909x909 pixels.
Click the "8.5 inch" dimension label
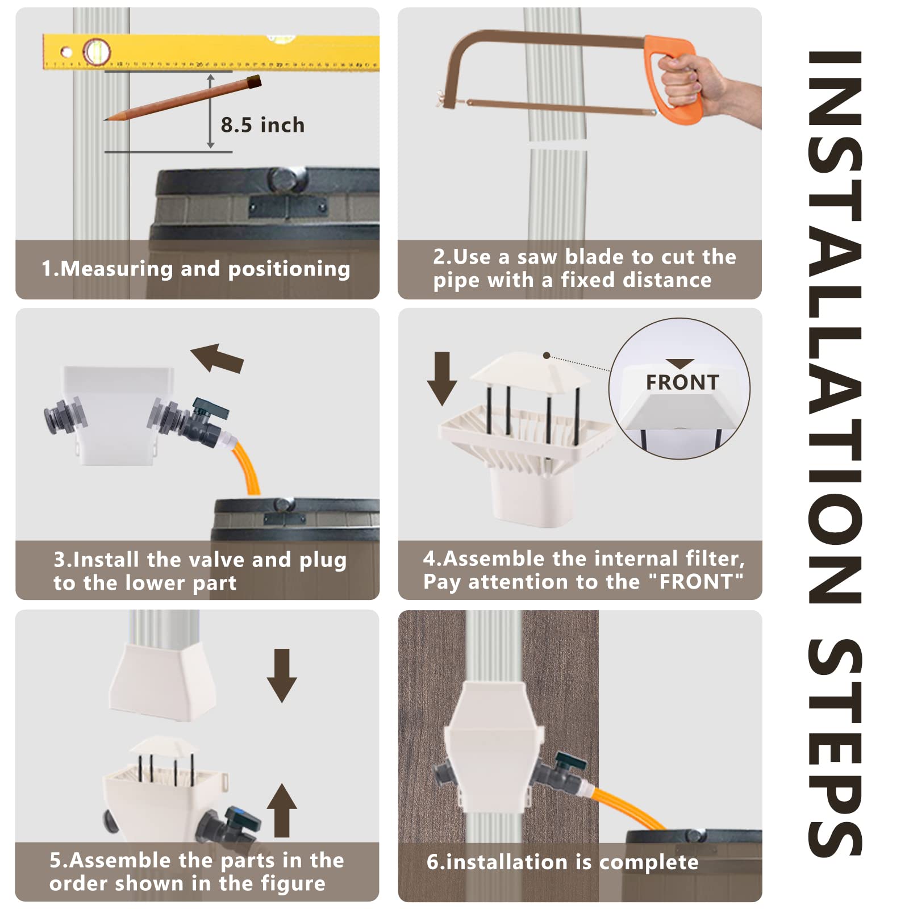262,125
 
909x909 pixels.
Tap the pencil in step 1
182,98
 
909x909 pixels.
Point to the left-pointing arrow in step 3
217,358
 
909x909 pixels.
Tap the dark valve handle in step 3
210,407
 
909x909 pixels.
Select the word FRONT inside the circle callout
682,382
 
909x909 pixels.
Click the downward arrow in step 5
282,676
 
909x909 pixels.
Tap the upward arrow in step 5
282,810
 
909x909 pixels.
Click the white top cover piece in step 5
163,682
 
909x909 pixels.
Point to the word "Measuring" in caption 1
116,269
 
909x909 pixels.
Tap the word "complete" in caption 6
649,862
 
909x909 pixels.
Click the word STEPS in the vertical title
835,747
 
